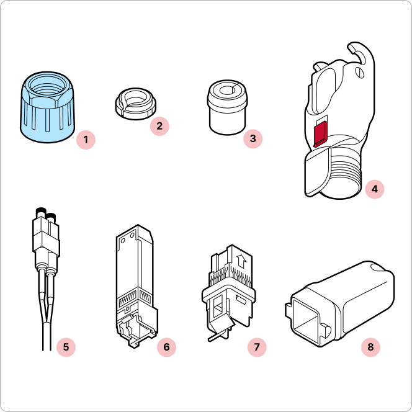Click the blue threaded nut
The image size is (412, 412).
[47, 107]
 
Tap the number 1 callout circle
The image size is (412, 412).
[86, 140]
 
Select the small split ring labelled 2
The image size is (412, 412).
[136, 104]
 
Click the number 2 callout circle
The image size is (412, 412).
[159, 126]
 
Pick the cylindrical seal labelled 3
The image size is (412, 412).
[228, 107]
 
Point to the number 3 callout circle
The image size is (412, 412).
[253, 138]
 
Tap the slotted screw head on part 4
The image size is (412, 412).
[360, 73]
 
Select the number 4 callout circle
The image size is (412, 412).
[374, 189]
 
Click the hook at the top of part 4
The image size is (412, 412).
[361, 53]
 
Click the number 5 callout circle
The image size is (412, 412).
[66, 347]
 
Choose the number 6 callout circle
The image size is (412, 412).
[166, 347]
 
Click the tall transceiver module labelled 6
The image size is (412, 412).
[136, 287]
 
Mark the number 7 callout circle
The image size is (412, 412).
[257, 347]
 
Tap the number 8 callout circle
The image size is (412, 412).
[370, 347]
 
